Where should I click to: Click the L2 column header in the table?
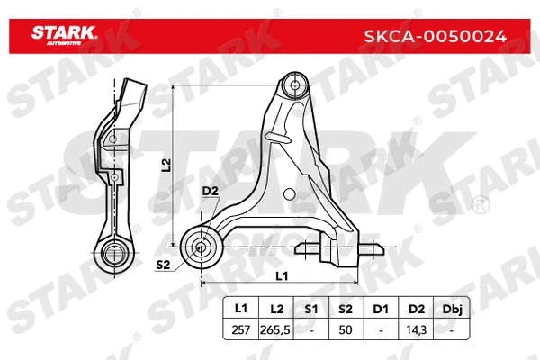pyautogui.click(x=274, y=308)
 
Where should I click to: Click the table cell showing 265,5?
pyautogui.click(x=274, y=328)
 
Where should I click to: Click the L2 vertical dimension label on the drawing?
pyautogui.click(x=166, y=164)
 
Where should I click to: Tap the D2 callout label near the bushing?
pyautogui.click(x=210, y=191)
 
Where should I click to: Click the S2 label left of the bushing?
pyautogui.click(x=164, y=265)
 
